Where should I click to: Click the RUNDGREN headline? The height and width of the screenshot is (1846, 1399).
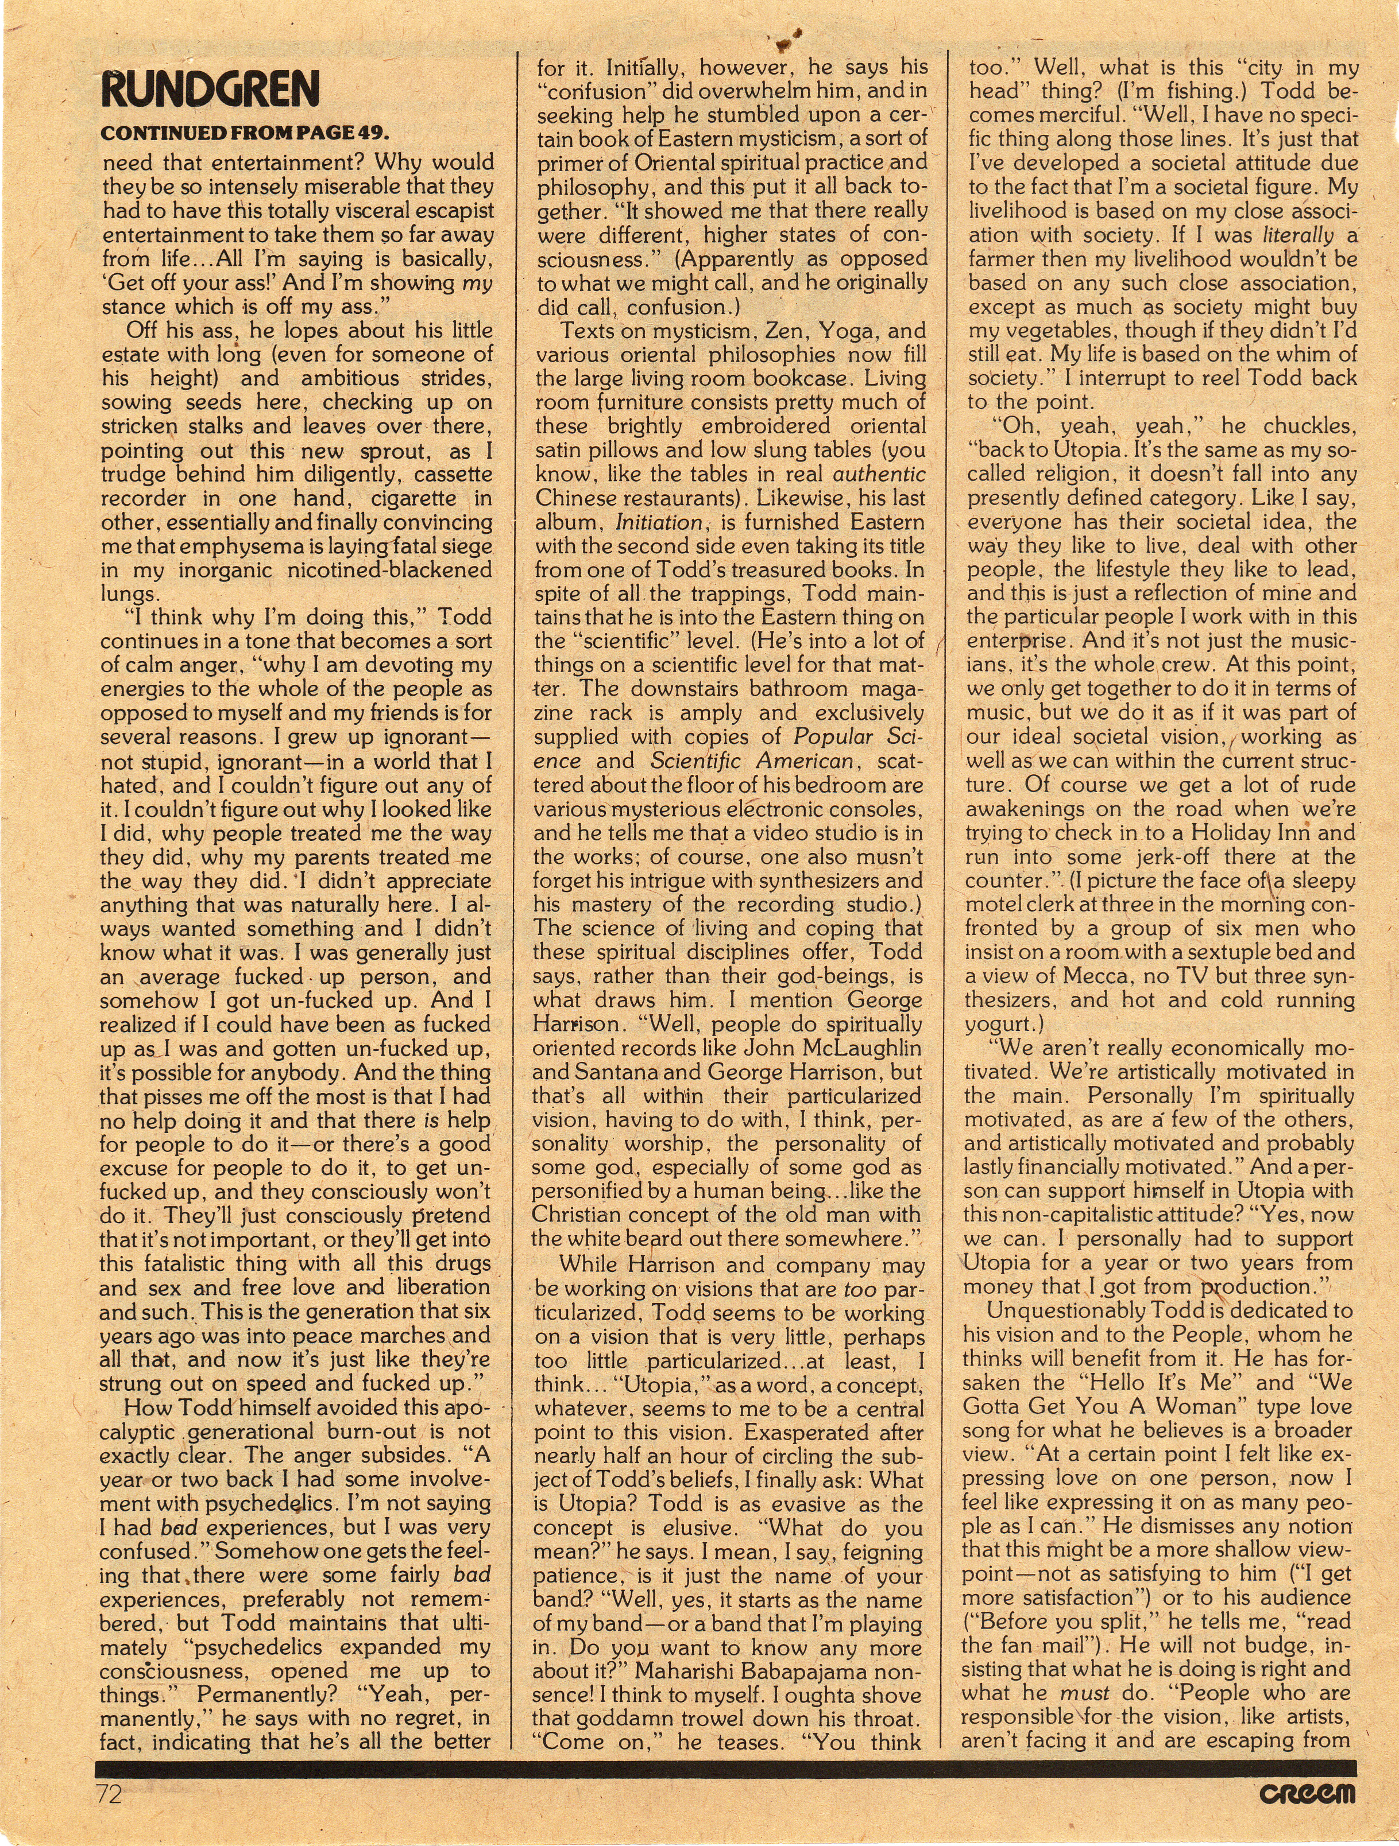pyautogui.click(x=210, y=90)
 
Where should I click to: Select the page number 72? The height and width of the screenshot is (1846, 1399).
pyautogui.click(x=109, y=1794)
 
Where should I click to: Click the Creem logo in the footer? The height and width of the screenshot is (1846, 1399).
pyautogui.click(x=1308, y=1794)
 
